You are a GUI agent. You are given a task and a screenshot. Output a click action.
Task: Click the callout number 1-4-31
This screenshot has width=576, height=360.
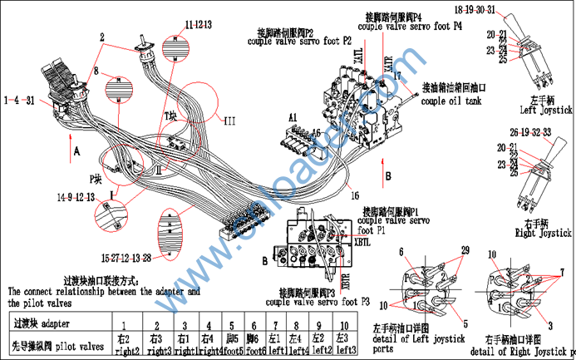pyautogui.click(x=18, y=101)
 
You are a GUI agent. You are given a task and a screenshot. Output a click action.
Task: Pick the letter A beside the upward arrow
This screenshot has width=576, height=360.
pyautogui.click(x=76, y=151)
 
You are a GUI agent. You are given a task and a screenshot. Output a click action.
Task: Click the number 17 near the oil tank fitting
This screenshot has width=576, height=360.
pyautogui.click(x=397, y=76)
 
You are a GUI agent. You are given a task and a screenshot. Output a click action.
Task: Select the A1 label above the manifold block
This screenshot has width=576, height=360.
pyautogui.click(x=294, y=119)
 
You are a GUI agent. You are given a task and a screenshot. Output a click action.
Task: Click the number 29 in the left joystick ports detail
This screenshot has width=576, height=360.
pyautogui.click(x=464, y=250)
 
